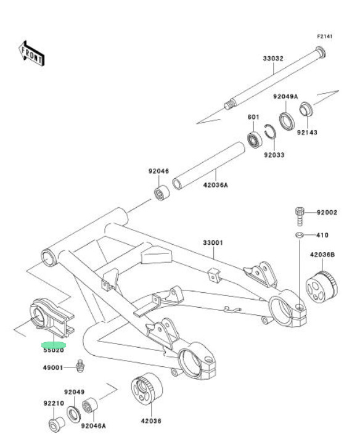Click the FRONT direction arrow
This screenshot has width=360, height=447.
point(31,54)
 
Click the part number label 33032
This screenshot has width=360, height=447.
point(273,59)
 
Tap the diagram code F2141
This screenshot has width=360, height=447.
point(325,36)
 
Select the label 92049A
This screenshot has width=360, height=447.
point(285,96)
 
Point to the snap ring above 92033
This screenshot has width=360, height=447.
point(269,131)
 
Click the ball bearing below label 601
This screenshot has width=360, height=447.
point(255,140)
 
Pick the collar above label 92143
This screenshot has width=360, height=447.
point(306,109)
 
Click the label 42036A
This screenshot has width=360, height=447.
point(216,185)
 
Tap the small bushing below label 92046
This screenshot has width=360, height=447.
point(162,193)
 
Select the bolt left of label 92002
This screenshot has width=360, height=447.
point(300,216)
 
